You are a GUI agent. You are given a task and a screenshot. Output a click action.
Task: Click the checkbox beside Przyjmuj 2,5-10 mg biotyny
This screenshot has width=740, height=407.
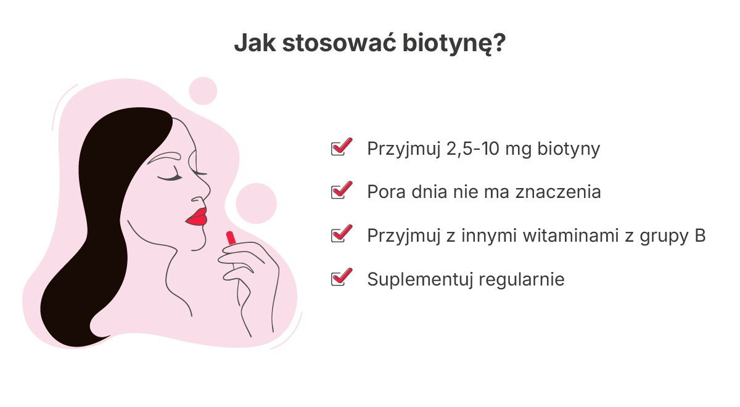pyautogui.click(x=341, y=147)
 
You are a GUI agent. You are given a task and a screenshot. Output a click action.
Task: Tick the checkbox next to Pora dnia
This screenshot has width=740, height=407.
pyautogui.click(x=341, y=191)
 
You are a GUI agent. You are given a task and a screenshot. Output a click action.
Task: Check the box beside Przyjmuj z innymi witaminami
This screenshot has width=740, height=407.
pyautogui.click(x=341, y=234)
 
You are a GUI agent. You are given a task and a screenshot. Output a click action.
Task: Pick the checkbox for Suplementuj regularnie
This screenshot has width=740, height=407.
pyautogui.click(x=341, y=277)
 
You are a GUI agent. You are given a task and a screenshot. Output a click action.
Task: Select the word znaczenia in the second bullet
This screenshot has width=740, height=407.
pyautogui.click(x=558, y=192)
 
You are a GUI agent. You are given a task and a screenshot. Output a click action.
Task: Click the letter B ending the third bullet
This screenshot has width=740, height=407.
pyautogui.click(x=700, y=236)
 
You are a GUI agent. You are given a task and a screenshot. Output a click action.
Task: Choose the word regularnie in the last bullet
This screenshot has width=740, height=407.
pyautogui.click(x=522, y=280)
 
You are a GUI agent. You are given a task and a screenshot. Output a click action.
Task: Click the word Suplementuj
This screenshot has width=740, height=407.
pyautogui.click(x=420, y=280)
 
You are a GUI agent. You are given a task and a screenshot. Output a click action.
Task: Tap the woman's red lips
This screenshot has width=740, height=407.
pyautogui.click(x=197, y=216)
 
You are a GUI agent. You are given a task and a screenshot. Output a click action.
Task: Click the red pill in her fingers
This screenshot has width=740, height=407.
pyautogui.click(x=231, y=238)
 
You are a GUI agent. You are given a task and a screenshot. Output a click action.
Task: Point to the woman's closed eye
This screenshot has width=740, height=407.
pyautogui.click(x=170, y=177)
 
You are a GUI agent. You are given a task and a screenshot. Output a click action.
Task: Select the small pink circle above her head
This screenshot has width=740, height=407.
pyautogui.click(x=203, y=91)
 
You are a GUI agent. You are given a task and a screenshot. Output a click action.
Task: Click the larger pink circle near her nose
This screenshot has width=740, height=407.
pyautogui.click(x=256, y=203)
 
